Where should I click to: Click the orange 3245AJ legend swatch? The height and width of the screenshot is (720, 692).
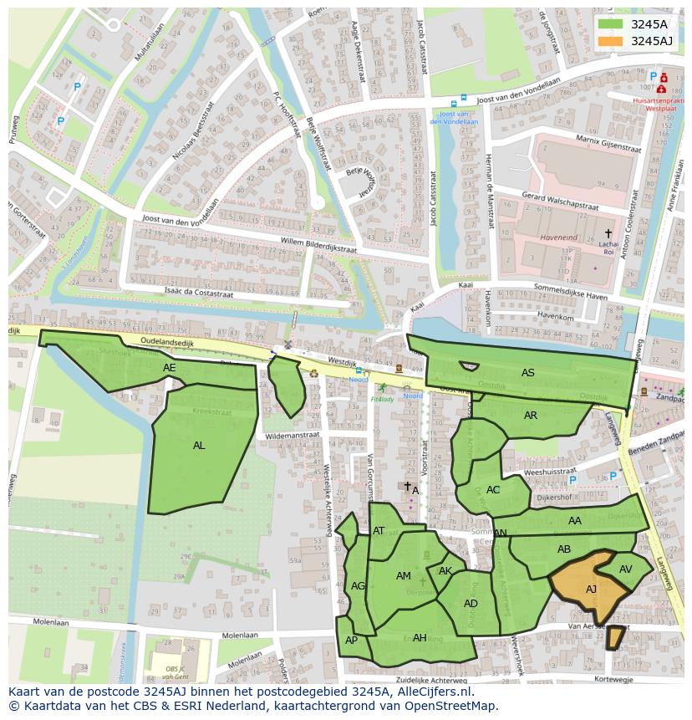coord(610,41)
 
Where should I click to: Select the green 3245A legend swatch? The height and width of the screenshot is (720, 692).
coord(610,24)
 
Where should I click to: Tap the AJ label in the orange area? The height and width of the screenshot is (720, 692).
coord(591,590)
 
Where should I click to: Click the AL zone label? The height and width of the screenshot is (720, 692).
coord(199,446)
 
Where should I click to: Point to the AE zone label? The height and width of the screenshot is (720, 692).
coord(170,368)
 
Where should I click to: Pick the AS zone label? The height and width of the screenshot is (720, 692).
coord(527,373)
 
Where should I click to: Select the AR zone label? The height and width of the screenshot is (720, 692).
coord(531,416)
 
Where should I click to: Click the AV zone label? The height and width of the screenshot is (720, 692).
coord(625,569)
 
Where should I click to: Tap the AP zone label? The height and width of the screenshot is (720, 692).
coord(351,641)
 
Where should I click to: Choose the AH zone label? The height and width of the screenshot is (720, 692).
coord(420,638)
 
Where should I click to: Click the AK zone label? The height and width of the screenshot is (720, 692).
coord(445,571)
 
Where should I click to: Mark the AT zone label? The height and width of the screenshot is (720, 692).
coord(379,531)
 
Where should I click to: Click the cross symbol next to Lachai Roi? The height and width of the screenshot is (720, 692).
coord(608,233)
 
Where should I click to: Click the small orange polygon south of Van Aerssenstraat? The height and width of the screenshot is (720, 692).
coord(614,638)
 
